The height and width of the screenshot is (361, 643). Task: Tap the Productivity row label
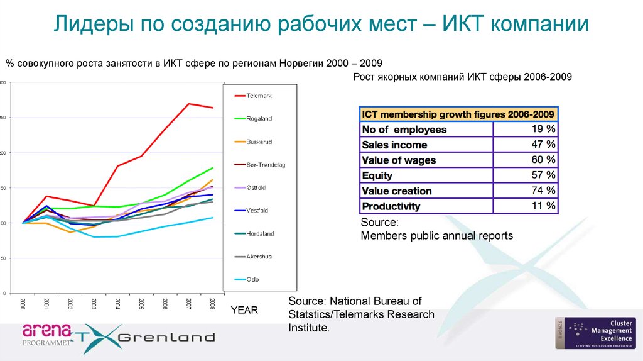coord(391,206)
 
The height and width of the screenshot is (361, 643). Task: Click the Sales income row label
coord(394,145)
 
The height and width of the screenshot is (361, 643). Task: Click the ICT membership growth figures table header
coord(458,114)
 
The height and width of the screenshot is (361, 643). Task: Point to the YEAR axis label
coord(244,311)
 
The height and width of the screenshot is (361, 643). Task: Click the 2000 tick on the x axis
coord(23,303)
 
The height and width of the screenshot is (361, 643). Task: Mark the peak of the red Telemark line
coord(188,104)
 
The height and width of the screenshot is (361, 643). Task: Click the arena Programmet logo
coord(47,333)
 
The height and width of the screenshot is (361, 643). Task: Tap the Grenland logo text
coord(166,337)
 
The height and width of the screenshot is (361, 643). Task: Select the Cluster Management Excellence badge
coord(595,333)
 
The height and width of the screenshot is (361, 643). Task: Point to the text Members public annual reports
coord(437,236)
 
